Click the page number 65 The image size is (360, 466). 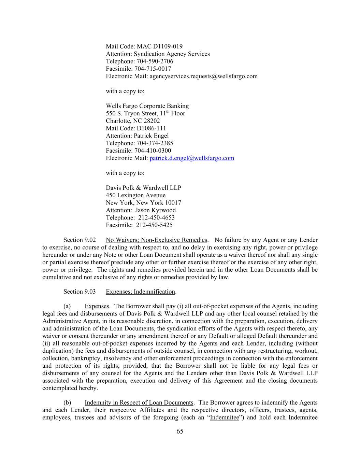[x=180, y=432]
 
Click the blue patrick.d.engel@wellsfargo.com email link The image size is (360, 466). [x=192, y=158]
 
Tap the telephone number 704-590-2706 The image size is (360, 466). [x=155, y=61]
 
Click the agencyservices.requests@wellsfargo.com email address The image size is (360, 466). [x=203, y=76]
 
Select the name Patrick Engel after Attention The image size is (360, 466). [x=151, y=136]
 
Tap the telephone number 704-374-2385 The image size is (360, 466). [x=155, y=143]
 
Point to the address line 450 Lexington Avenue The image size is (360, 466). [x=135, y=195]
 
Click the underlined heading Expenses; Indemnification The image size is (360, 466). [x=140, y=292]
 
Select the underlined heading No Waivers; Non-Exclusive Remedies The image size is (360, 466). [x=156, y=240]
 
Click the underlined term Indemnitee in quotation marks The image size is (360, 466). [x=225, y=418]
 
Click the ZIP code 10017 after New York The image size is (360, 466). [x=173, y=203]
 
